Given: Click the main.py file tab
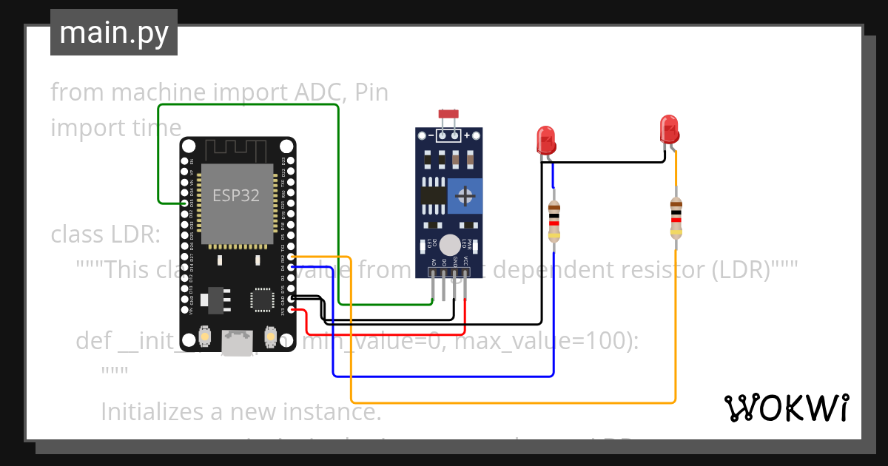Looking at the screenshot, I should [x=113, y=33].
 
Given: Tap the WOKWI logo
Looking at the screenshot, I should [x=785, y=408].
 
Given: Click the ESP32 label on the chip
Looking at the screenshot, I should [x=236, y=195].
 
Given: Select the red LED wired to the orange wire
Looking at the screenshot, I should [x=668, y=129].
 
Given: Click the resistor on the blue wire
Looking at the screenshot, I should [x=554, y=221].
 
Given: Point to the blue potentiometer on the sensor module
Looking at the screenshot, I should [x=465, y=196].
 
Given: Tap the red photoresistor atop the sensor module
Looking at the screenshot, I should [x=448, y=114].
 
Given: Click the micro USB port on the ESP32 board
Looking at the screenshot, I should [x=237, y=342].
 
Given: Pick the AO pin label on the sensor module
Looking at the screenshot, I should [x=433, y=262].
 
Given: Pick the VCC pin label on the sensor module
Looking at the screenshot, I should [x=465, y=262].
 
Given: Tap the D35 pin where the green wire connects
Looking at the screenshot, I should [x=184, y=203].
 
